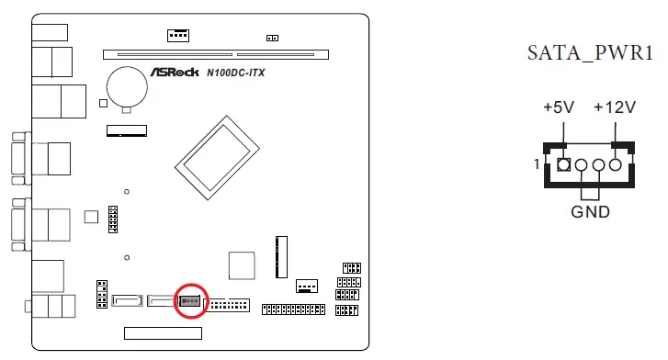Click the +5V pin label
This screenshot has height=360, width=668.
pos(558,108)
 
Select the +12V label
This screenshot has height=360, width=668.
pos(614,108)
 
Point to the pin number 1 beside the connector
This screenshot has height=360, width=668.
pos(536,166)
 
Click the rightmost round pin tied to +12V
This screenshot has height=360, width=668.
pos(616,166)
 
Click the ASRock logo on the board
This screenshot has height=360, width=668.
pos(182,72)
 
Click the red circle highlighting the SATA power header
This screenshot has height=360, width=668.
pos(191,300)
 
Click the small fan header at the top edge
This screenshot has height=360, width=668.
pos(178,35)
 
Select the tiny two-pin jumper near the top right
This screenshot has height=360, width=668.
pos(271,38)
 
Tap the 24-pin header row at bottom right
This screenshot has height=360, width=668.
pos(293,309)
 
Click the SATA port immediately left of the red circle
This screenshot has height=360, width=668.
pos(162,299)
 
